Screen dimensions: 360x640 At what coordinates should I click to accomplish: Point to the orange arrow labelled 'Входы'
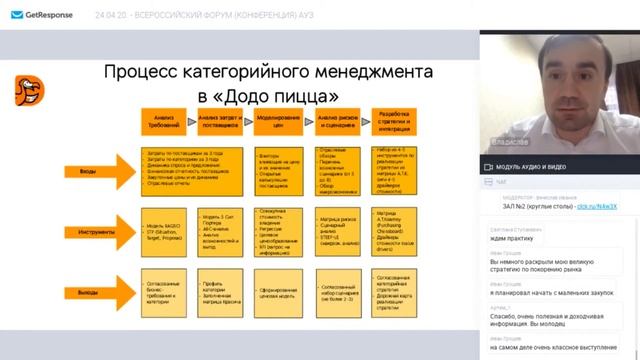coord(95,173)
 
